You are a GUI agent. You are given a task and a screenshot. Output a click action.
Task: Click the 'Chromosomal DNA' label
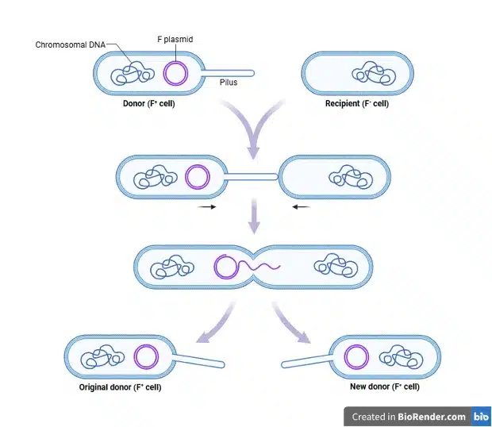(x=71, y=44)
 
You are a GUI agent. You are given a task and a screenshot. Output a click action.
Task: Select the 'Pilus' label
(x=229, y=82)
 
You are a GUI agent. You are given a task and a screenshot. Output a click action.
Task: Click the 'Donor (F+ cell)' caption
(x=149, y=103)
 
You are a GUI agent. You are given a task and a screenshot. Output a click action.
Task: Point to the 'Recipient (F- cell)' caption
(x=357, y=103)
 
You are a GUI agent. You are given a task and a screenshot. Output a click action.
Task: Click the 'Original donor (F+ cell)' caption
(x=120, y=387)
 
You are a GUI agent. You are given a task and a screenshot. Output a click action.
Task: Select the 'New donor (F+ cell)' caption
(x=385, y=387)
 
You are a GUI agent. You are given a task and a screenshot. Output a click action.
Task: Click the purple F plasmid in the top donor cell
(x=175, y=73)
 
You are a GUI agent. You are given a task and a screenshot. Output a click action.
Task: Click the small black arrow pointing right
(x=207, y=207)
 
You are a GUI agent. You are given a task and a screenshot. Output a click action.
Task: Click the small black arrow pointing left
(x=301, y=207)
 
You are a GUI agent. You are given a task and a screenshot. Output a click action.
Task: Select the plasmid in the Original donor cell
(x=145, y=357)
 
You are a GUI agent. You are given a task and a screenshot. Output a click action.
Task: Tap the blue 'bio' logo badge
(x=481, y=417)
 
